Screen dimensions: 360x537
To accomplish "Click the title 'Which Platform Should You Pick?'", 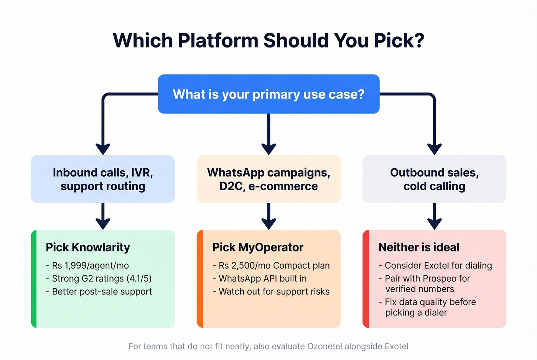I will tap(268, 41).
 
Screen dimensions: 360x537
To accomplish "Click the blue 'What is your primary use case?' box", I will tap(268, 94).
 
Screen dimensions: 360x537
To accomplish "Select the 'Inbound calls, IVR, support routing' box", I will tap(103, 179).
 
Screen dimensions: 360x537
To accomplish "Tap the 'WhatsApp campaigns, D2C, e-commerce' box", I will tap(268, 179).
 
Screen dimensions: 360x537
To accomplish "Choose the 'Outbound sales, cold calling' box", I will tap(434, 179).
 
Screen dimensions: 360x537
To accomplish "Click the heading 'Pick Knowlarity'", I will tap(88, 247).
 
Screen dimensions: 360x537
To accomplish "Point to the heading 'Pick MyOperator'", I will tap(258, 247).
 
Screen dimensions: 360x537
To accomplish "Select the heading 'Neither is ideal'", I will tap(419, 247).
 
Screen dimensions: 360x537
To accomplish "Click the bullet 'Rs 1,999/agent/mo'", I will tap(90, 265).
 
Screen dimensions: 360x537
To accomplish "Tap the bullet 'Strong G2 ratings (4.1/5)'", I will tap(102, 278).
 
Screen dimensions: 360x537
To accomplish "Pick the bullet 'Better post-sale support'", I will tap(102, 291).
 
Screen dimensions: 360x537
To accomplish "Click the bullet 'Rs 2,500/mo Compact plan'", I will tap(274, 265).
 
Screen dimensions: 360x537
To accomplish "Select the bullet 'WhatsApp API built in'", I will tap(262, 278).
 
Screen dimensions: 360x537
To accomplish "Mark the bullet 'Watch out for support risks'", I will tap(274, 291).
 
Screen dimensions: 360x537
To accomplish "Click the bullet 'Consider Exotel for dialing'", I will tap(438, 265).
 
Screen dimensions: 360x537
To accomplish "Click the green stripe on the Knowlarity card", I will tap(34, 279).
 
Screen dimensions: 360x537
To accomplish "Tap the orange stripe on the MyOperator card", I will tap(200, 279).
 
